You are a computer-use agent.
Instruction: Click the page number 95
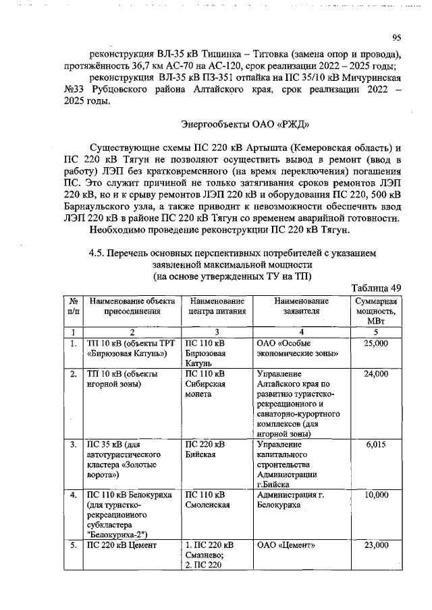(x=396, y=38)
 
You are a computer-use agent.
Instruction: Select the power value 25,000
(x=376, y=344)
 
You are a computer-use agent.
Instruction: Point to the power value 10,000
(x=376, y=495)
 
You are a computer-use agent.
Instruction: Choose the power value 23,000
(x=376, y=545)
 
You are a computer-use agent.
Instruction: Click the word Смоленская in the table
(x=207, y=505)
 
